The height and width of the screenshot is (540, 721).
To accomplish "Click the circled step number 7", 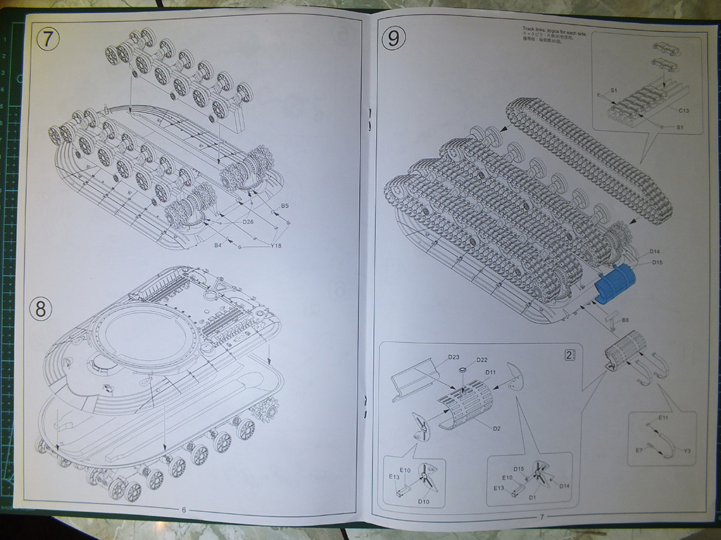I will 47,39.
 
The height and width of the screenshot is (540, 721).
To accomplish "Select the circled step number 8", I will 41,308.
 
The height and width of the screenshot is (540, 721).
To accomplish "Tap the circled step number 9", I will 392,39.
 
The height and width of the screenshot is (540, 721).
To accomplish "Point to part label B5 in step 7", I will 285,205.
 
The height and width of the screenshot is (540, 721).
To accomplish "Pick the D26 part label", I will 248,222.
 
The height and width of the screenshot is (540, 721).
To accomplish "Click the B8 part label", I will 625,321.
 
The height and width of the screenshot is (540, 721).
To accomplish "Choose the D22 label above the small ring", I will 482,360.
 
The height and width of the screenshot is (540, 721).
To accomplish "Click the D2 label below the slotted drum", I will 496,428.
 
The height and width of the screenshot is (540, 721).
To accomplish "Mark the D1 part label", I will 532,497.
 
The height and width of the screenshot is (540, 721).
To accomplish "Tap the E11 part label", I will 663,418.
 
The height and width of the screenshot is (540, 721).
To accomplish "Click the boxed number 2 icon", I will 569,355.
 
